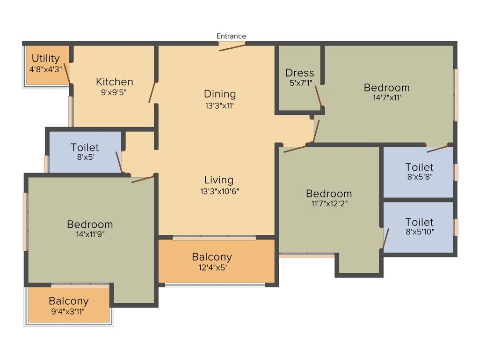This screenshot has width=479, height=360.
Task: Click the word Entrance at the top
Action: point(231,36)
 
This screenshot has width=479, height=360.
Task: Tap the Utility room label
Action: point(45,58)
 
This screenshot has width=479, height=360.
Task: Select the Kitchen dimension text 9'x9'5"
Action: point(114,92)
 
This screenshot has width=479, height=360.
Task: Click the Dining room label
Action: point(219,94)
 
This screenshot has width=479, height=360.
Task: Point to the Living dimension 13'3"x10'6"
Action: point(219,191)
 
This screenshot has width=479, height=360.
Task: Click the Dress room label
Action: point(300,73)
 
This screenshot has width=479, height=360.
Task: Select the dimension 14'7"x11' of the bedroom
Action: point(386,98)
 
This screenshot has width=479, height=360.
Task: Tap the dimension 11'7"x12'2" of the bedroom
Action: point(328,204)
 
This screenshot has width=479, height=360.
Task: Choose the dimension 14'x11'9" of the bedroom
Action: point(89,235)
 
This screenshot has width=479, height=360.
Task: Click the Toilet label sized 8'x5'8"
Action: point(419,167)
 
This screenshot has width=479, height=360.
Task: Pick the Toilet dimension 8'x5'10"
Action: point(419,232)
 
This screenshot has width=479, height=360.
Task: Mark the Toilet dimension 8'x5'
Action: point(85,157)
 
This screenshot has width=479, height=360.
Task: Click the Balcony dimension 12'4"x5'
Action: point(211,268)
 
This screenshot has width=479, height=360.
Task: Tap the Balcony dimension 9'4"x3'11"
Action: point(68,311)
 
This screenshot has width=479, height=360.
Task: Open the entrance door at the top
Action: point(232,46)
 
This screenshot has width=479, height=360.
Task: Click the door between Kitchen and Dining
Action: point(152,92)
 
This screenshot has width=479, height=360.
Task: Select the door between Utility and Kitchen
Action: point(67,73)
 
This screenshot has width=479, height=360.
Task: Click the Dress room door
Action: point(318,96)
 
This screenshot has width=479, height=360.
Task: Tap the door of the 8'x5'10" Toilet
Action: point(385,239)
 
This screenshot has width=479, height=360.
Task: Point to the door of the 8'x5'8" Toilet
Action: point(437,149)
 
